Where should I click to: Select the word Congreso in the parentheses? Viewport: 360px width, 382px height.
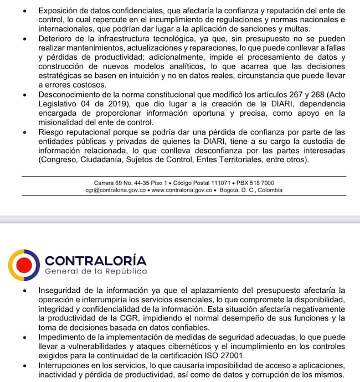61,160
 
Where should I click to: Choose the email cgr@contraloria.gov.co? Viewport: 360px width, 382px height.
116,190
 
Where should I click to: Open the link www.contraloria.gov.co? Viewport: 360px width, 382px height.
182,190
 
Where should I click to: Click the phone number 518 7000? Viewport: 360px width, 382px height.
263,183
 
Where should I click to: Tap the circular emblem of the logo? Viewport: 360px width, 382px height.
24,265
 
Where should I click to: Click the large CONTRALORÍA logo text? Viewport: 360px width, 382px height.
95,260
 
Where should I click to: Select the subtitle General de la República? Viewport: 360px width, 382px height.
95,272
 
